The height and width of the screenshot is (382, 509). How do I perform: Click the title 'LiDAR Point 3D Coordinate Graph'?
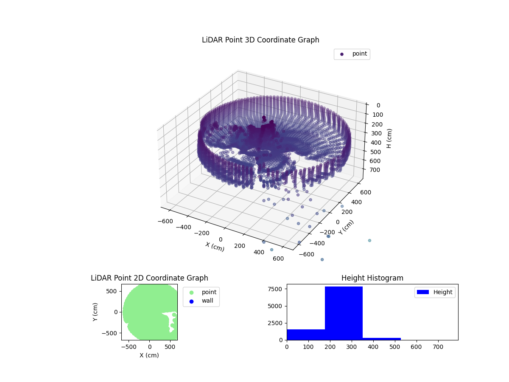260,40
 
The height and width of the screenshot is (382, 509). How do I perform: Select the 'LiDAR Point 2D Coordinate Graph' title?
149,278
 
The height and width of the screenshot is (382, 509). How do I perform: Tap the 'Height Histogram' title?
372,278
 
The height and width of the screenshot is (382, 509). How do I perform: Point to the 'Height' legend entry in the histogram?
435,292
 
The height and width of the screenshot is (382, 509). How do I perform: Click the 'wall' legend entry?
201,301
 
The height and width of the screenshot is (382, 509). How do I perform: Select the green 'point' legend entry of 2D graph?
201,292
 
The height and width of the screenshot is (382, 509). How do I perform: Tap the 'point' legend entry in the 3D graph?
352,54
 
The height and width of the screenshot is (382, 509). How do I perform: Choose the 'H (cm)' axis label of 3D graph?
389,138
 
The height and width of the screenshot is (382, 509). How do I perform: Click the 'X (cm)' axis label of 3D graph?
215,247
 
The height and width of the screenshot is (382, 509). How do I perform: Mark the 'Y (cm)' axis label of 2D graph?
95,312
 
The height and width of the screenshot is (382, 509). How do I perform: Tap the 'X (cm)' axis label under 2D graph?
149,355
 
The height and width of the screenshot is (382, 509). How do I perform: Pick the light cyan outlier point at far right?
369,241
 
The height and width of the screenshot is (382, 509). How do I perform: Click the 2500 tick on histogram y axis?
277,323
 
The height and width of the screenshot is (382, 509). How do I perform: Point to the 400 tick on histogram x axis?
373,347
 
